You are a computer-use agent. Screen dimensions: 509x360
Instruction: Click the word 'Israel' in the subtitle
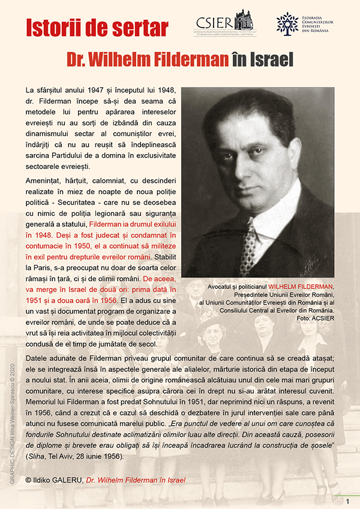269,59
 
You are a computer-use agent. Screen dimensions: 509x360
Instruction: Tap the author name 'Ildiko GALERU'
58,480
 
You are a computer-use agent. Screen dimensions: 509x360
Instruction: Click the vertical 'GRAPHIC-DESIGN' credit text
11,420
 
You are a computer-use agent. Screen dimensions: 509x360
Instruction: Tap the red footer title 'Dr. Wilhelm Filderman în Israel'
136,480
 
